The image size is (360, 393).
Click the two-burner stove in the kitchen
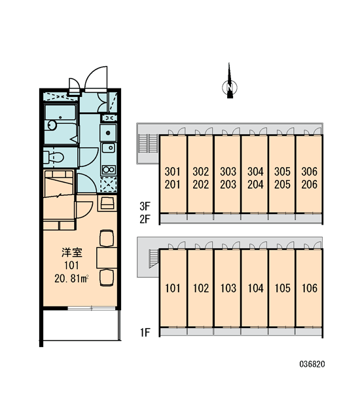(x=109, y=170)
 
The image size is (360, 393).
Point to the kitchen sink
(x=109, y=148)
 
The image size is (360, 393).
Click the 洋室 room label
(x=72, y=253)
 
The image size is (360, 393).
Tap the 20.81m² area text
(x=71, y=278)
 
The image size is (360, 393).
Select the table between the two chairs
(x=107, y=257)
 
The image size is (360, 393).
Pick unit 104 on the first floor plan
(x=255, y=288)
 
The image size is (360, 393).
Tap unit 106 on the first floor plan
(x=309, y=288)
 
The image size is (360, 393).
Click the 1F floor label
(x=145, y=333)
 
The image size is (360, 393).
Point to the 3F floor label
(x=145, y=206)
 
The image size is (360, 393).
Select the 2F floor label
(x=145, y=219)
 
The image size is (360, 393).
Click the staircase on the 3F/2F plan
(x=149, y=143)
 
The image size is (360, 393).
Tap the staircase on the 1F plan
(x=154, y=259)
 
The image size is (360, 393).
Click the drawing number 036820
(x=312, y=364)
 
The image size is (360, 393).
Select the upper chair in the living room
(x=107, y=238)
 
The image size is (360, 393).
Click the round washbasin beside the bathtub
(x=52, y=125)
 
